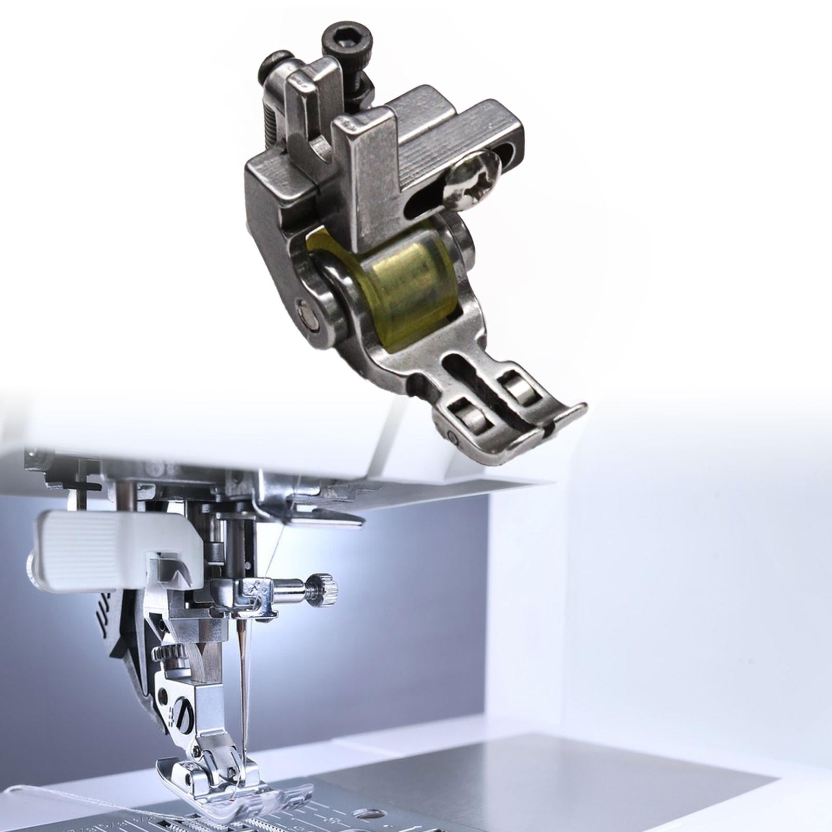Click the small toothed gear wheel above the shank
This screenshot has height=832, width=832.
pyautogui.click(x=164, y=653)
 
